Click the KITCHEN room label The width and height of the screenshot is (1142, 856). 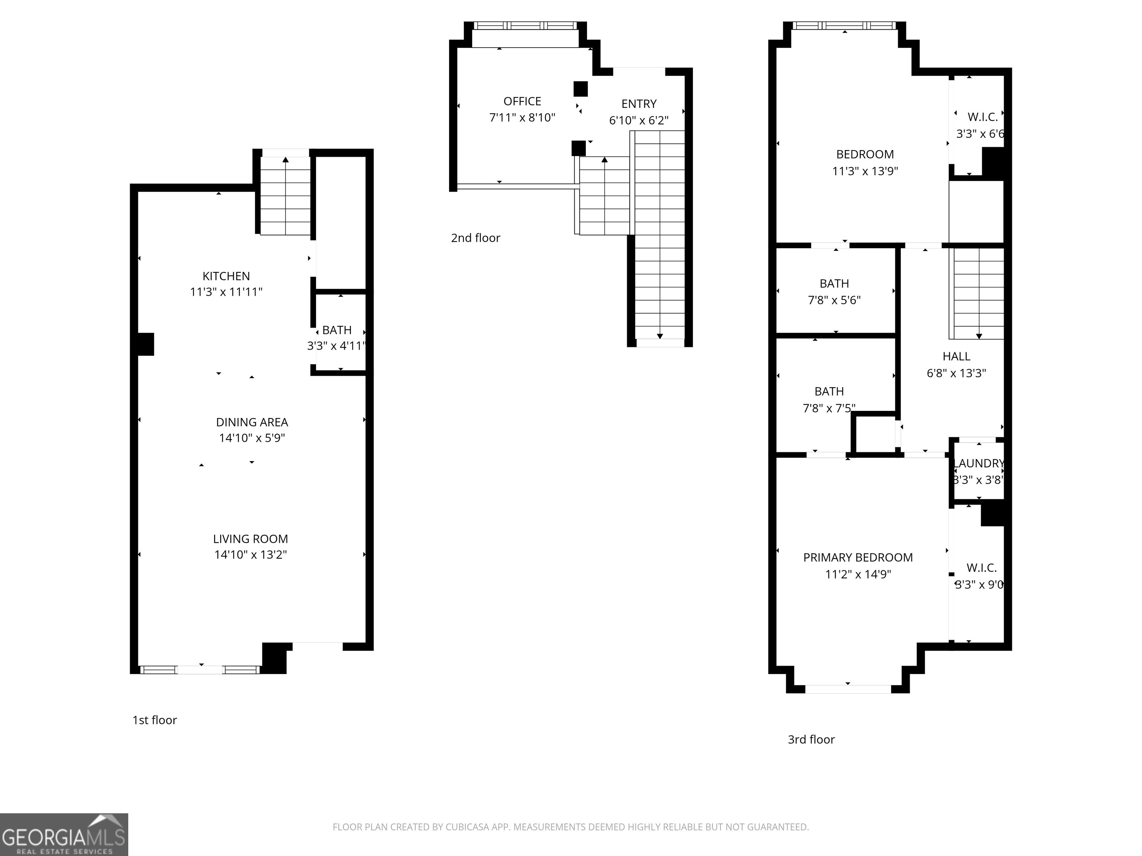tap(226, 276)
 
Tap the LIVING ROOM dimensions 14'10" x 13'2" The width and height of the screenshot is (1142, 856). tap(251, 555)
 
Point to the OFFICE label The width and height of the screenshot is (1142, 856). tap(522, 101)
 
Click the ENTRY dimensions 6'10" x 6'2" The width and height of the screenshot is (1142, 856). tap(639, 120)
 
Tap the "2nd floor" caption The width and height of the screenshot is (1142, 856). tap(475, 238)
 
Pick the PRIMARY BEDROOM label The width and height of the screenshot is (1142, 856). tap(858, 557)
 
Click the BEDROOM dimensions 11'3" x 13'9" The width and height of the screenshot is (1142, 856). tap(865, 171)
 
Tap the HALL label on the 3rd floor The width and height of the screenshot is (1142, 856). tap(956, 356)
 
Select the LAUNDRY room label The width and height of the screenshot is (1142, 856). tap(978, 463)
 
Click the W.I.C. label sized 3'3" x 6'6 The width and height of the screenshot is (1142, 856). tap(982, 117)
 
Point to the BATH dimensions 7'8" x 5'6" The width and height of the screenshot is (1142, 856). tap(834, 300)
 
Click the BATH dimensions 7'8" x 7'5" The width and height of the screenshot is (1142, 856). tap(829, 408)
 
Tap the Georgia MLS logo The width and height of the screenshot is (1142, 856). tap(64, 834)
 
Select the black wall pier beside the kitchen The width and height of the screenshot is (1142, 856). tap(145, 344)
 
